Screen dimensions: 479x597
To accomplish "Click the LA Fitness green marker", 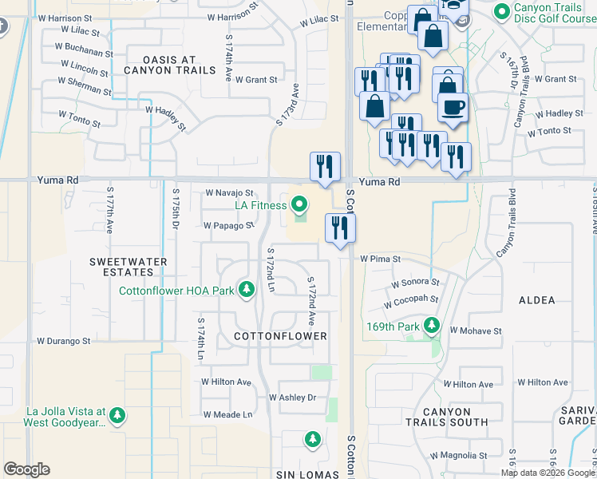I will [x=300, y=206].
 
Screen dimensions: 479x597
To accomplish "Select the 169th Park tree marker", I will [x=432, y=326].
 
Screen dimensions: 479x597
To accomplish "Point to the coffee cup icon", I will [x=453, y=108].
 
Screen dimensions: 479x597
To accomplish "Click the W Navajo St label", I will [x=229, y=193].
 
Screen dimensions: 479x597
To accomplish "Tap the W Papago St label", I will [x=228, y=226].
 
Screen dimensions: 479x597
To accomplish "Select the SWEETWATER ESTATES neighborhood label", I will [x=128, y=267].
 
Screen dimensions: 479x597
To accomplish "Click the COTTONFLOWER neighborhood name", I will [x=281, y=336].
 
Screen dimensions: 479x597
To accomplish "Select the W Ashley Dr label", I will [x=292, y=398].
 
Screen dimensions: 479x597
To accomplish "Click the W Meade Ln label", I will [x=227, y=414].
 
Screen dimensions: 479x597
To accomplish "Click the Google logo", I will [x=26, y=469].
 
